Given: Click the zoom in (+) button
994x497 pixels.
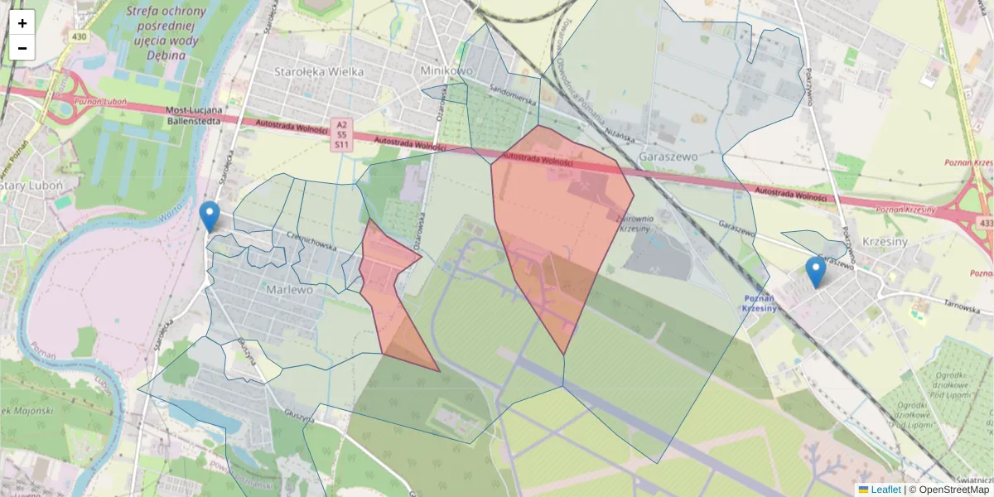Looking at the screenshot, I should pyautogui.click(x=22, y=22).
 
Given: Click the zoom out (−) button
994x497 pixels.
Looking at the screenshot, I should pyautogui.click(x=22, y=48).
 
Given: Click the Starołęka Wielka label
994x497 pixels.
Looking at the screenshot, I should pyautogui.click(x=319, y=71).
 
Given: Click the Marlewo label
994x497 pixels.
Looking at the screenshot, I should pyautogui.click(x=289, y=290).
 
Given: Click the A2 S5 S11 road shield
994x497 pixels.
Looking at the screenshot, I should pyautogui.click(x=341, y=134).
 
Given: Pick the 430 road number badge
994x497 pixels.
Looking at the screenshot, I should pyautogui.click(x=80, y=36).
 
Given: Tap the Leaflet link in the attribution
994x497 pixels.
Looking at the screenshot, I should pyautogui.click(x=885, y=490).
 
